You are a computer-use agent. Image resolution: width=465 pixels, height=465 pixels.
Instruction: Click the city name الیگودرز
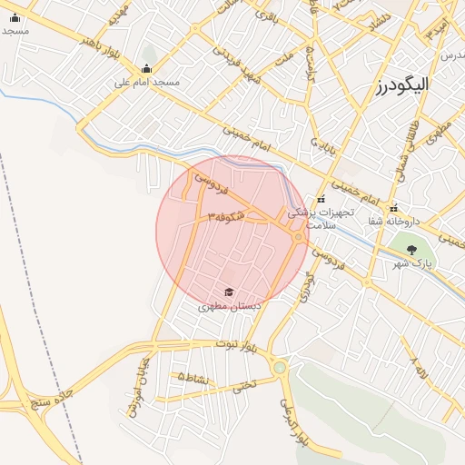(401, 85)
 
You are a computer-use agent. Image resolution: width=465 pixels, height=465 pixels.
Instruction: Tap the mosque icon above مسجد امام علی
(147, 68)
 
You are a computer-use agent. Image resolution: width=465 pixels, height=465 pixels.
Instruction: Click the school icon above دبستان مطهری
(229, 292)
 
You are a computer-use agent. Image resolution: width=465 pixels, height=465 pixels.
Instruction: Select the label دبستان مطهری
(230, 307)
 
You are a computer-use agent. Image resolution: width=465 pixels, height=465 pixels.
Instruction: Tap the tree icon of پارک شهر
(411, 249)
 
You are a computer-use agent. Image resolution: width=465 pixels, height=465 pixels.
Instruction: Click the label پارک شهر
(411, 263)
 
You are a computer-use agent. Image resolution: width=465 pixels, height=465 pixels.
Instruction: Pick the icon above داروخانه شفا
(393, 206)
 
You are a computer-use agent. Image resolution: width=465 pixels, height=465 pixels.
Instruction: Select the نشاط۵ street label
(194, 376)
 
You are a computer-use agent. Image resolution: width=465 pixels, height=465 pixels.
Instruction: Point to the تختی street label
(244, 386)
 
